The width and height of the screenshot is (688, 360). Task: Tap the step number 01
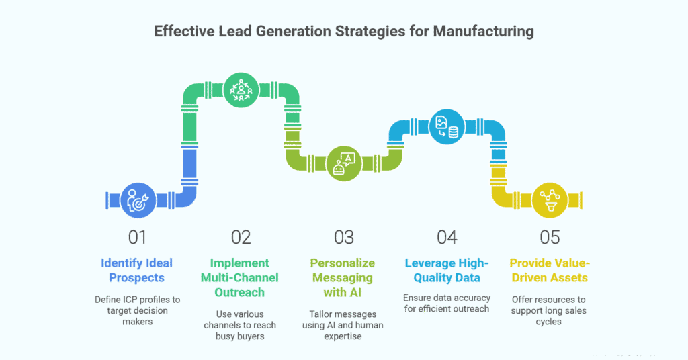[x=137, y=237]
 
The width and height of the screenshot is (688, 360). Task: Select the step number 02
[x=241, y=237]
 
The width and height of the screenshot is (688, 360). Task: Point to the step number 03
[x=343, y=237]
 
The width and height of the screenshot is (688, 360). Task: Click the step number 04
[x=447, y=237]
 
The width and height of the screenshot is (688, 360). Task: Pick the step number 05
[x=550, y=237]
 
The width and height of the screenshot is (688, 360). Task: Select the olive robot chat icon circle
[x=344, y=164]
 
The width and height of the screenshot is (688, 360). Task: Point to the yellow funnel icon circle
[x=550, y=200]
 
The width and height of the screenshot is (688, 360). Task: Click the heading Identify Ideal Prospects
[x=137, y=270]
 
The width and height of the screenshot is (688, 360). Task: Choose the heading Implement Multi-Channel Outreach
[x=241, y=277]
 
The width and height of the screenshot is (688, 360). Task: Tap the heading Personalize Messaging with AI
[x=343, y=277]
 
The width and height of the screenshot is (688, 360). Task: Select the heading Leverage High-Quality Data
[x=447, y=270]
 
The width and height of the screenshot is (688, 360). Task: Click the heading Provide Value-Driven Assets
[x=550, y=270]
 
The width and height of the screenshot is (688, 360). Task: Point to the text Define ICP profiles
[x=137, y=299]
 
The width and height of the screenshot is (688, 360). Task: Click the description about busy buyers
[x=241, y=326]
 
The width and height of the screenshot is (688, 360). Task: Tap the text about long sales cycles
[x=550, y=310]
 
